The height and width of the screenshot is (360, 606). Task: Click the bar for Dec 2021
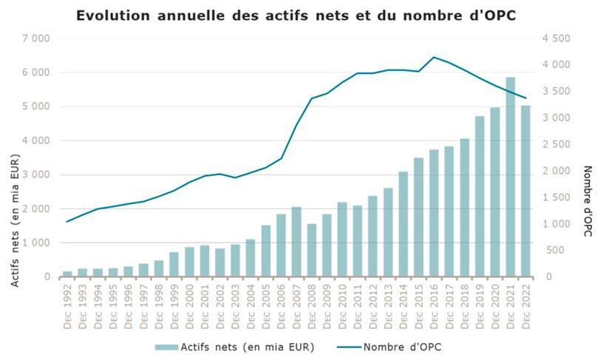(x=510, y=177)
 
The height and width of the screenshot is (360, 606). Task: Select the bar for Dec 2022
(x=525, y=191)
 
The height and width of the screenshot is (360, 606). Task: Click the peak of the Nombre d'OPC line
(x=434, y=57)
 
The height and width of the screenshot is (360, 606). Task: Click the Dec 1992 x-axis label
(x=68, y=307)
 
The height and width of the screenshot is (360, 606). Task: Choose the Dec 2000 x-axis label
(x=190, y=307)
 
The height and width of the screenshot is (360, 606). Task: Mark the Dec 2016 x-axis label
(x=434, y=307)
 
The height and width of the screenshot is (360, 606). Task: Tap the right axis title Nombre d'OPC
(x=589, y=201)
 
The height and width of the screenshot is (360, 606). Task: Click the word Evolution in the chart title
(x=115, y=15)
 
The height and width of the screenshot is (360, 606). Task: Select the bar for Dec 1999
(x=174, y=265)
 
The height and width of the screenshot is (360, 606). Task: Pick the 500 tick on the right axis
(x=559, y=251)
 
